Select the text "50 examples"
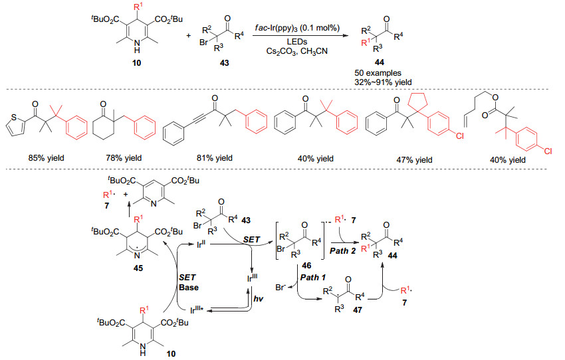(x=378, y=73)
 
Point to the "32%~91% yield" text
(x=383, y=82)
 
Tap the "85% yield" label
(x=47, y=158)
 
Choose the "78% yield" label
(x=124, y=158)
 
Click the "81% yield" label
(x=215, y=158)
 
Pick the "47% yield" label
(x=414, y=160)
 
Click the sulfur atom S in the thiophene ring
(x=14, y=117)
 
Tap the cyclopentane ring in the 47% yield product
(x=417, y=101)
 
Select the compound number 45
(x=138, y=268)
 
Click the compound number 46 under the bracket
(x=306, y=266)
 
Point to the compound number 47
(x=357, y=310)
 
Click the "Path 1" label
(x=313, y=278)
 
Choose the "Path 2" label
(x=342, y=251)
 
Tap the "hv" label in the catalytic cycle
(x=259, y=299)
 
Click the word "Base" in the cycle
(x=189, y=288)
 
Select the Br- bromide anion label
(x=281, y=288)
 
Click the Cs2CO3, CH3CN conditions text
(x=297, y=52)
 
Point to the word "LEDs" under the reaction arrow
(x=297, y=42)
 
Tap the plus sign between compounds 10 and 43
(x=189, y=36)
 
